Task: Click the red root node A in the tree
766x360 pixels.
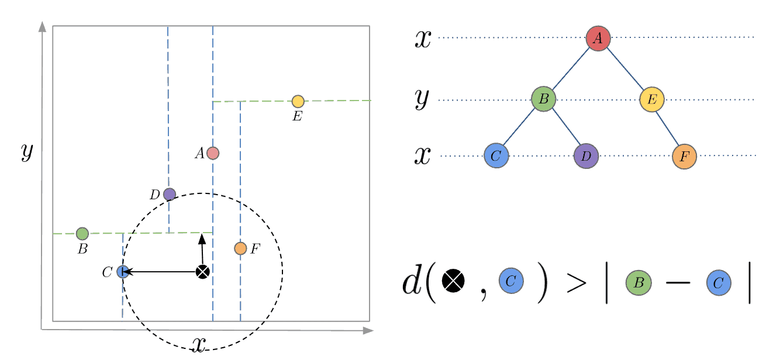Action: [598, 39]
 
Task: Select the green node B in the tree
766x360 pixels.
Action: [543, 99]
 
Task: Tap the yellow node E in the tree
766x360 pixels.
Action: [652, 99]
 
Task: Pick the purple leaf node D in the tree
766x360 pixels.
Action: [586, 156]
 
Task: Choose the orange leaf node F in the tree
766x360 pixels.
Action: [684, 157]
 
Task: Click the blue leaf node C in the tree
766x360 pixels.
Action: [496, 156]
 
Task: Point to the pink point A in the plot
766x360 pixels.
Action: [213, 153]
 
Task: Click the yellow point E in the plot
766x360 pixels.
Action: [298, 101]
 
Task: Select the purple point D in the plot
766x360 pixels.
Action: [170, 194]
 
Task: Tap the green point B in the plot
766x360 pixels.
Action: [82, 234]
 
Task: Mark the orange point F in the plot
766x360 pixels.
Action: [240, 248]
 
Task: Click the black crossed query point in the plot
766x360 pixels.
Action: [202, 272]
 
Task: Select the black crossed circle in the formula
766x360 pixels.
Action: [453, 281]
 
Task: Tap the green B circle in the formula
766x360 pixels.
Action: [639, 283]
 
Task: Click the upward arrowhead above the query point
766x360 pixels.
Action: [202, 238]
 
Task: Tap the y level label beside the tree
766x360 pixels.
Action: [422, 99]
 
